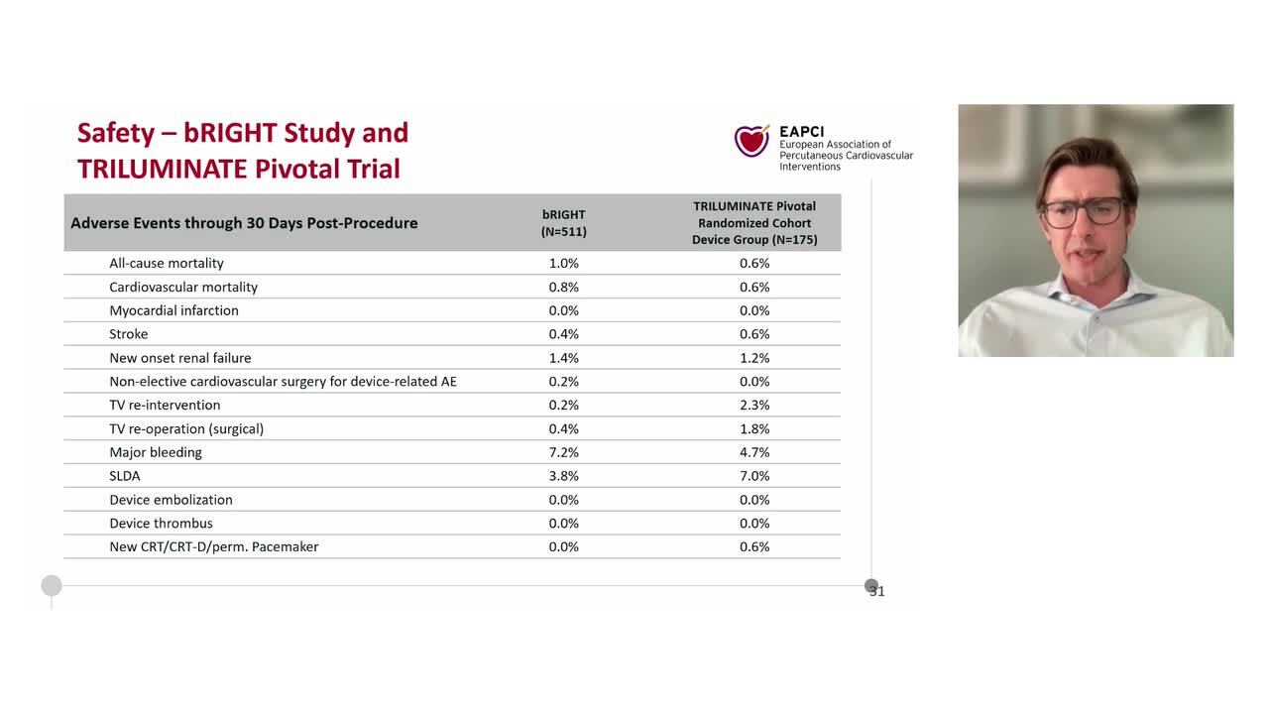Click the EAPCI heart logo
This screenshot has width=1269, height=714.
click(751, 141)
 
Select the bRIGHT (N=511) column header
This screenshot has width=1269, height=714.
click(564, 223)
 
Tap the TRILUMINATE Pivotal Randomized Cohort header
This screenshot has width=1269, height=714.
click(754, 223)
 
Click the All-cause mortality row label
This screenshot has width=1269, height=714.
click(167, 263)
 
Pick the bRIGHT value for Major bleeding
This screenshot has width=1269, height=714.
click(564, 452)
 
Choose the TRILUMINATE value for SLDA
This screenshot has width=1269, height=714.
click(754, 476)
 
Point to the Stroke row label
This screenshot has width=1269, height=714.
click(129, 334)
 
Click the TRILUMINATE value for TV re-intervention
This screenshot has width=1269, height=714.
click(754, 405)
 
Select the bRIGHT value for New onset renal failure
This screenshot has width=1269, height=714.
click(564, 358)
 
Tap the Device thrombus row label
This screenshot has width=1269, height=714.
click(161, 523)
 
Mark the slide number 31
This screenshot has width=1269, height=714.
click(876, 591)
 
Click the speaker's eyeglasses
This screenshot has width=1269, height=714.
click(1083, 211)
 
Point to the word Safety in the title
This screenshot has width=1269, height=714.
click(116, 133)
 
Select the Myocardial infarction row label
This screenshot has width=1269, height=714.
click(173, 310)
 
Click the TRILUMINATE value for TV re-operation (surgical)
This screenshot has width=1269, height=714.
click(754, 428)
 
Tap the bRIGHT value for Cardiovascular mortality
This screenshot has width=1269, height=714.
click(564, 287)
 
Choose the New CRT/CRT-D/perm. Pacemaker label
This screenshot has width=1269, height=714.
click(214, 546)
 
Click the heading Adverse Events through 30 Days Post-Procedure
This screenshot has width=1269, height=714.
click(244, 223)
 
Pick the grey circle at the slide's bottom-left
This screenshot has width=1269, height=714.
click(52, 586)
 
